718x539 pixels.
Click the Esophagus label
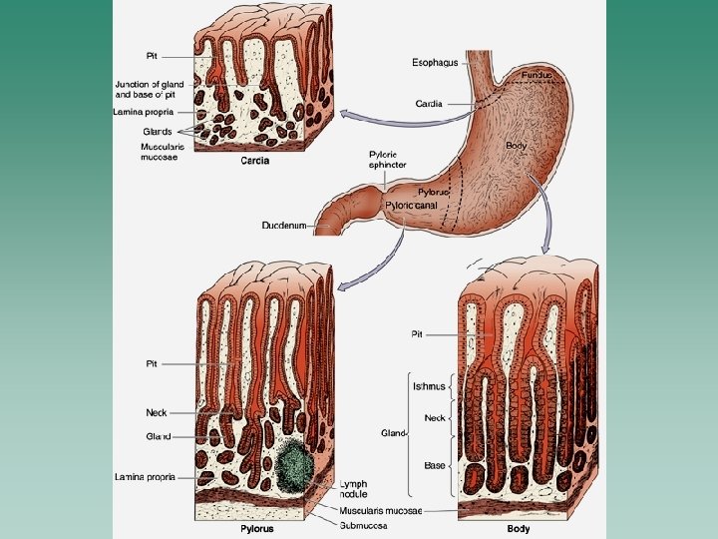(435, 62)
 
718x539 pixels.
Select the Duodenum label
(283, 226)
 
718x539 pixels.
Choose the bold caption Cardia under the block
(255, 160)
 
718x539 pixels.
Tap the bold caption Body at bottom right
(519, 528)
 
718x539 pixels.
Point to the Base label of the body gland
(434, 465)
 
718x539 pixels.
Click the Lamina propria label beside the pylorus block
(145, 477)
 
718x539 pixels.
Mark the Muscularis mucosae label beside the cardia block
(161, 152)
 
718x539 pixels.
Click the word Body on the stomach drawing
(516, 146)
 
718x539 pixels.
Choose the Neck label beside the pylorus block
(158, 411)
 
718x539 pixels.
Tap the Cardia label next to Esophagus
(429, 103)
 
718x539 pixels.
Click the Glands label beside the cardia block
(157, 131)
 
